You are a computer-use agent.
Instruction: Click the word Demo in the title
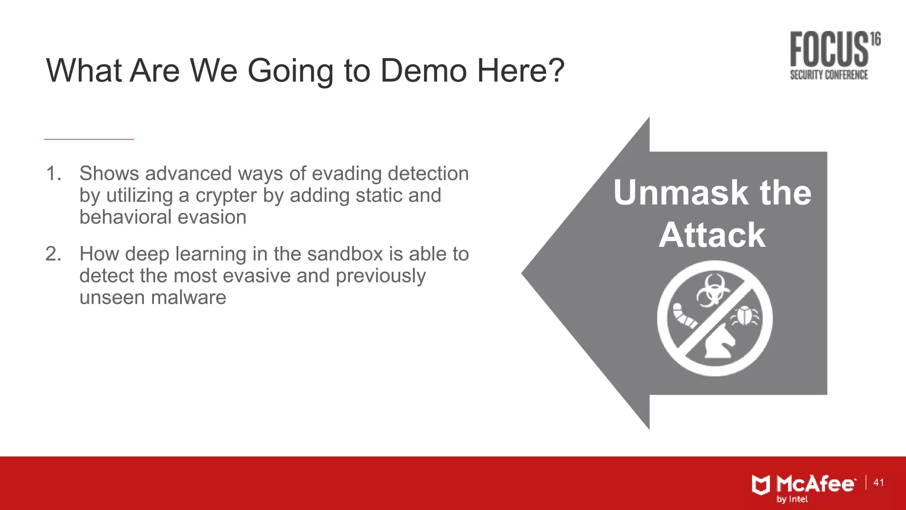[x=423, y=70]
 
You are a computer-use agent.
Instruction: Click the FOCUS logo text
[x=829, y=50]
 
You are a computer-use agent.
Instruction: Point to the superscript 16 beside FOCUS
[x=875, y=39]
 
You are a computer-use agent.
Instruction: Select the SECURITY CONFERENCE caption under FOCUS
[x=829, y=75]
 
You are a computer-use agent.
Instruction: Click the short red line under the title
[x=89, y=139]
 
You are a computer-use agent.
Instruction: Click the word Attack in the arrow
[x=712, y=235]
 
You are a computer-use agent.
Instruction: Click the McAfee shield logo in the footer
[x=761, y=485]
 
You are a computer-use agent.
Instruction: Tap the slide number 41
[x=879, y=483]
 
